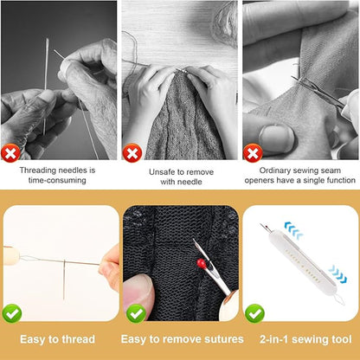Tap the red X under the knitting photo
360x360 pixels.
pyautogui.click(x=132, y=153)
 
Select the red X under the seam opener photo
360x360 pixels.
pyautogui.click(x=252, y=153)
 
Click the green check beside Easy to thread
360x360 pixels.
pyautogui.click(x=13, y=313)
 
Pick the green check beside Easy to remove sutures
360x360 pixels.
pyautogui.click(x=135, y=312)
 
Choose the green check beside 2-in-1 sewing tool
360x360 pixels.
pyautogui.click(x=254, y=312)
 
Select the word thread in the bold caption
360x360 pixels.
pyautogui.click(x=77, y=339)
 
